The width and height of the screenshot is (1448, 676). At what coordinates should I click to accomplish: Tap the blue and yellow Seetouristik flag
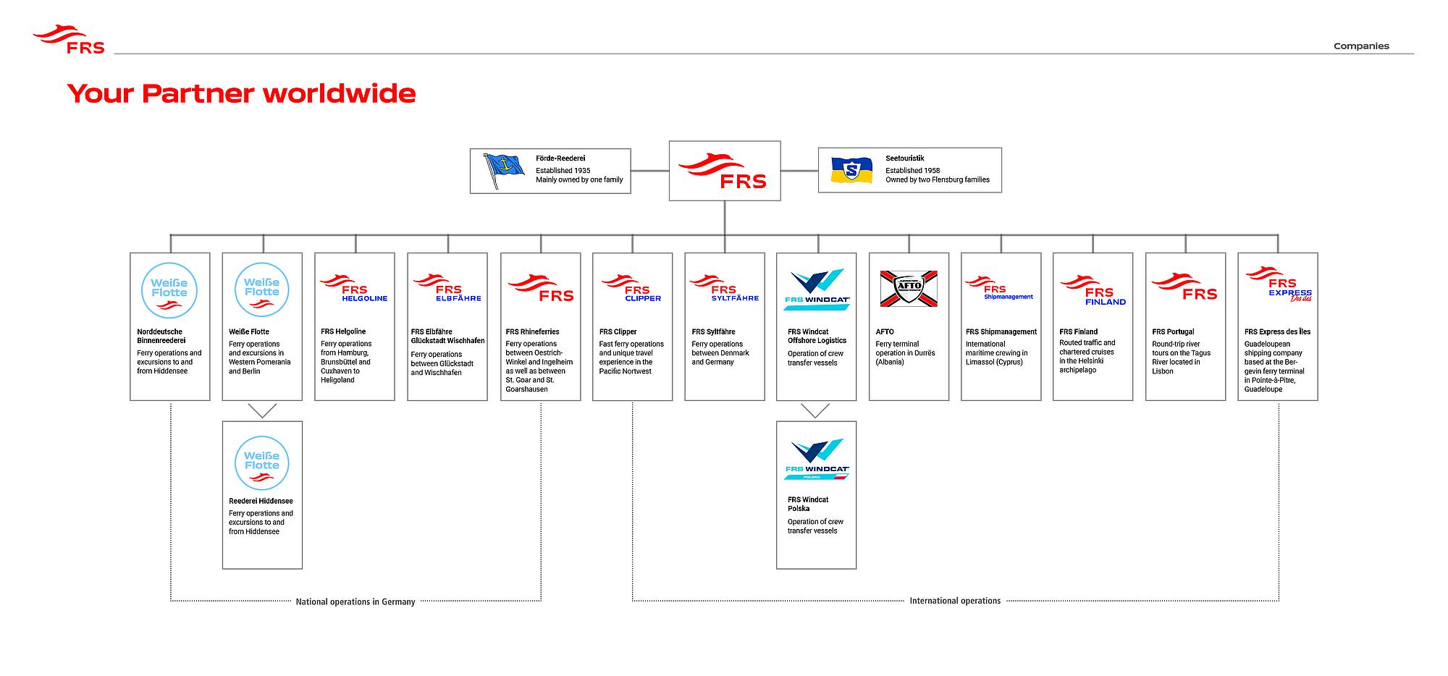(x=851, y=170)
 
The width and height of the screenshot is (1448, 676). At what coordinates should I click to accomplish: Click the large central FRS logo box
(x=725, y=171)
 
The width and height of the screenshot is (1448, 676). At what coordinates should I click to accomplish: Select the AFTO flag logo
(x=909, y=288)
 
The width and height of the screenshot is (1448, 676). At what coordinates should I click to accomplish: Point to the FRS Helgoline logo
(x=354, y=288)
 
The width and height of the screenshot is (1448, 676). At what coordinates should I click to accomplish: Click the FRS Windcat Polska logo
(x=817, y=460)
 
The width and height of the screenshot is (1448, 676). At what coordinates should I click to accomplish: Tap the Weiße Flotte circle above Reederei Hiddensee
(x=262, y=463)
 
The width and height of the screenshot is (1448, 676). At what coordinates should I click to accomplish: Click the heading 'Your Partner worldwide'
(x=241, y=93)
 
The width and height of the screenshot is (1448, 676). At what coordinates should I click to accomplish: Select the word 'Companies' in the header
(x=1361, y=46)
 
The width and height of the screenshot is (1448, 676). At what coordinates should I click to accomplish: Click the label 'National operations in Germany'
(x=355, y=601)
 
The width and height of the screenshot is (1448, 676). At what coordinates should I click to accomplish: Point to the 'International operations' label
(x=955, y=601)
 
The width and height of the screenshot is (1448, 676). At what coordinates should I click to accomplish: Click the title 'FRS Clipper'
(x=618, y=332)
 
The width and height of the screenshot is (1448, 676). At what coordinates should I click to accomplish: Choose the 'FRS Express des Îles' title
(x=1278, y=332)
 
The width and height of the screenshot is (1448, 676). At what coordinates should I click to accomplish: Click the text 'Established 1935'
(x=563, y=171)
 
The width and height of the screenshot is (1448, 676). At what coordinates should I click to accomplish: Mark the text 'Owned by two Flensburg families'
(x=938, y=179)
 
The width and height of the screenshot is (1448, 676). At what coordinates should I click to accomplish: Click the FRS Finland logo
(x=1093, y=290)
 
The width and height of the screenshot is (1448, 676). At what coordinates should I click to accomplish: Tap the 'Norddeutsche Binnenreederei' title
(x=161, y=337)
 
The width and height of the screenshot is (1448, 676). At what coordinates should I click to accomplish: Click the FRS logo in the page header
(x=69, y=40)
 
